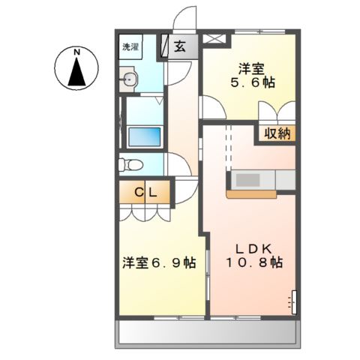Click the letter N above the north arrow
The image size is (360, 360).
click(76, 52)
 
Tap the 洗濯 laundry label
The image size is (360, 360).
click(131, 46)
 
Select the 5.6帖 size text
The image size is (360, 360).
click(250, 82)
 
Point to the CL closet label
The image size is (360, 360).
click(145, 193)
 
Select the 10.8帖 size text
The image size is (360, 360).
click(255, 263)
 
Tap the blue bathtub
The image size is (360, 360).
click(145, 137)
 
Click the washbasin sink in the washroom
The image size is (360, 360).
click(130, 79)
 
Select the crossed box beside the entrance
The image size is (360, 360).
click(214, 37)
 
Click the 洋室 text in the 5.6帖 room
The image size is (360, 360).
click(250, 65)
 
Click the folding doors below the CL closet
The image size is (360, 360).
click(145, 212)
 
